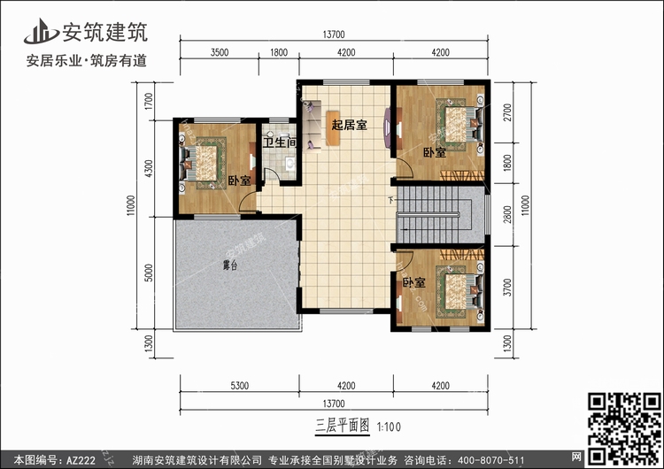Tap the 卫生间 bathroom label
[280, 142]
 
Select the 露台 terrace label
[228, 265]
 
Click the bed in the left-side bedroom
[205, 162]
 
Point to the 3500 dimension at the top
[220, 53]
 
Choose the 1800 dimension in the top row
[278, 53]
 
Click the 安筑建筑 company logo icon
[37, 33]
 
